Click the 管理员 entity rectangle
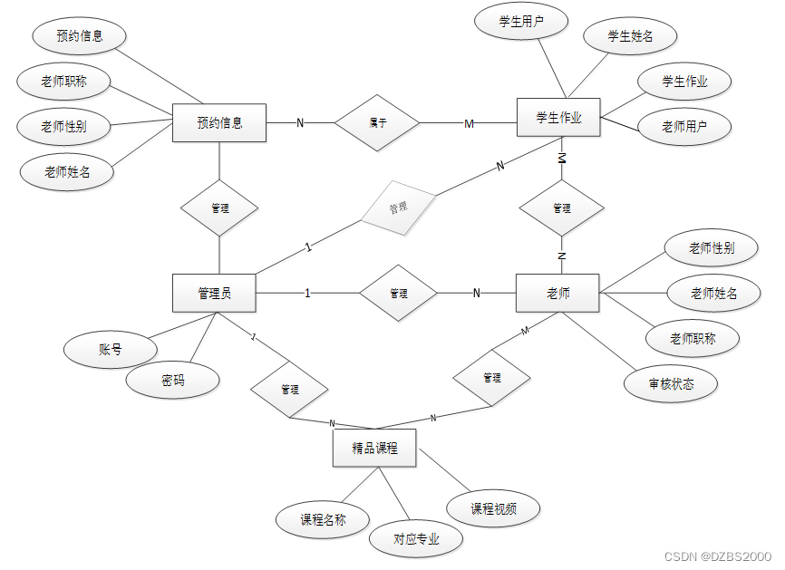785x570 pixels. (x=214, y=293)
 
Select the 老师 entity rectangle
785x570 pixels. (x=557, y=293)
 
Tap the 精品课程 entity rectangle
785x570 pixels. (x=374, y=448)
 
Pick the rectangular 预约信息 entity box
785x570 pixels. (x=219, y=122)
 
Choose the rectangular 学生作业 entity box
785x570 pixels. (x=558, y=118)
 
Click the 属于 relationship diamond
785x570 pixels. (x=378, y=122)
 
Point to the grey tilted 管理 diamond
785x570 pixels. (x=399, y=208)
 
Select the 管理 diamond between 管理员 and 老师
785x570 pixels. (x=399, y=294)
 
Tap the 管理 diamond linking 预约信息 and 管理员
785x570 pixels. (x=219, y=208)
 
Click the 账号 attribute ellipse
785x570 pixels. (x=111, y=349)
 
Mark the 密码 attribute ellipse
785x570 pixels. (x=172, y=381)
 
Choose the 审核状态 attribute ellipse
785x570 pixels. (x=672, y=383)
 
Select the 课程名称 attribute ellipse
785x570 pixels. (x=323, y=519)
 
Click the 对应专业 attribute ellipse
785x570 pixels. (x=416, y=539)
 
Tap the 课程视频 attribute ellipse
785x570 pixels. (x=493, y=508)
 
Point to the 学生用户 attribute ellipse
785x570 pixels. (x=521, y=22)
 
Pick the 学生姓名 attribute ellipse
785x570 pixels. (x=630, y=36)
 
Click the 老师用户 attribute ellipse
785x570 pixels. (x=684, y=127)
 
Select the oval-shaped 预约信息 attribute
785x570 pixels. (x=79, y=36)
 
